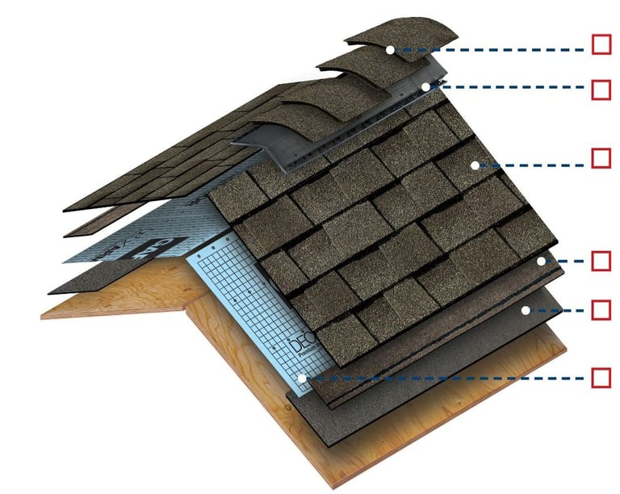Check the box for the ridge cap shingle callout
[601, 44]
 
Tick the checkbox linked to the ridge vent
[601, 89]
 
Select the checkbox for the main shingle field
[601, 157]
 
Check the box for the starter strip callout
[601, 261]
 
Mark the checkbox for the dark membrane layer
[601, 309]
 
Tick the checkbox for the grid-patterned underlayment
[601, 377]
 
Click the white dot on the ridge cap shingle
[390, 49]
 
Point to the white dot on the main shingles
[475, 165]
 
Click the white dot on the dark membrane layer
[525, 309]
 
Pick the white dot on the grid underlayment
[300, 378]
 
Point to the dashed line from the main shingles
[533, 165]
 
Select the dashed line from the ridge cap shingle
[492, 49]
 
